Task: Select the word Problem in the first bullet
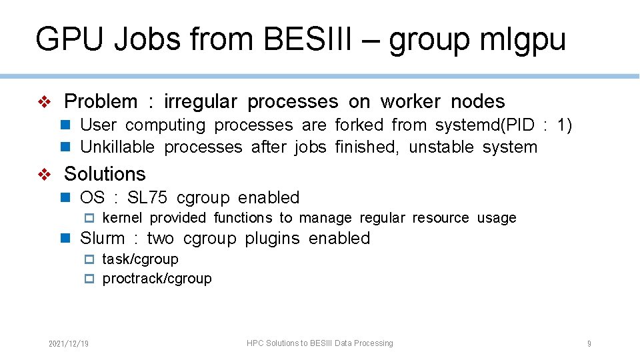coord(101,101)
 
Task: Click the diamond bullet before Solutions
coord(44,174)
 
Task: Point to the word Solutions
coord(105,174)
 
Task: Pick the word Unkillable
coord(117,147)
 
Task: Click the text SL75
coord(147,198)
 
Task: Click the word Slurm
coord(102,239)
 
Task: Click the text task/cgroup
coord(140,259)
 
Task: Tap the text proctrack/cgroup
coord(157,279)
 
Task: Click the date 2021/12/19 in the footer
coord(69,344)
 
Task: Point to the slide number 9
coord(589,344)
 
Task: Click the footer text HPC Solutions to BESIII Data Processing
coord(320,343)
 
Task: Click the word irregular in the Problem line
coord(201,101)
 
